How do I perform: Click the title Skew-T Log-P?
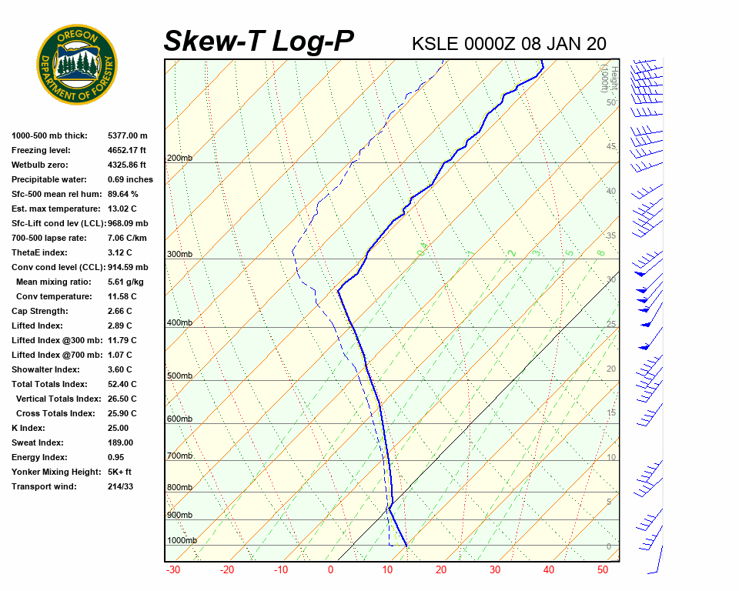click(x=259, y=42)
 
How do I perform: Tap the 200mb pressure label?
click(x=179, y=159)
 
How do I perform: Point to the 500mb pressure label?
click(x=179, y=376)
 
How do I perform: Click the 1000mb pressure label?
click(x=182, y=540)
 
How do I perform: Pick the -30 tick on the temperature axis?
click(x=173, y=570)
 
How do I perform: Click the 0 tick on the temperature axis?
click(x=330, y=570)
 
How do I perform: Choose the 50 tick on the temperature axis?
click(x=603, y=570)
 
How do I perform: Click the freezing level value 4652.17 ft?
click(x=127, y=150)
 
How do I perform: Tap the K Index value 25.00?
click(x=118, y=428)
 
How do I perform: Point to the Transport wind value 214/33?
click(x=121, y=486)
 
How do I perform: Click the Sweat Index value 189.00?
click(x=120, y=442)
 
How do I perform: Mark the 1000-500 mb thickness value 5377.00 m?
click(x=127, y=135)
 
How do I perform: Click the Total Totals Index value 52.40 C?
click(x=122, y=384)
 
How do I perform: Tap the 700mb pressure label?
click(x=179, y=456)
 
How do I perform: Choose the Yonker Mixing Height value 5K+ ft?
click(x=119, y=472)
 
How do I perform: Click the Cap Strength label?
click(x=40, y=311)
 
